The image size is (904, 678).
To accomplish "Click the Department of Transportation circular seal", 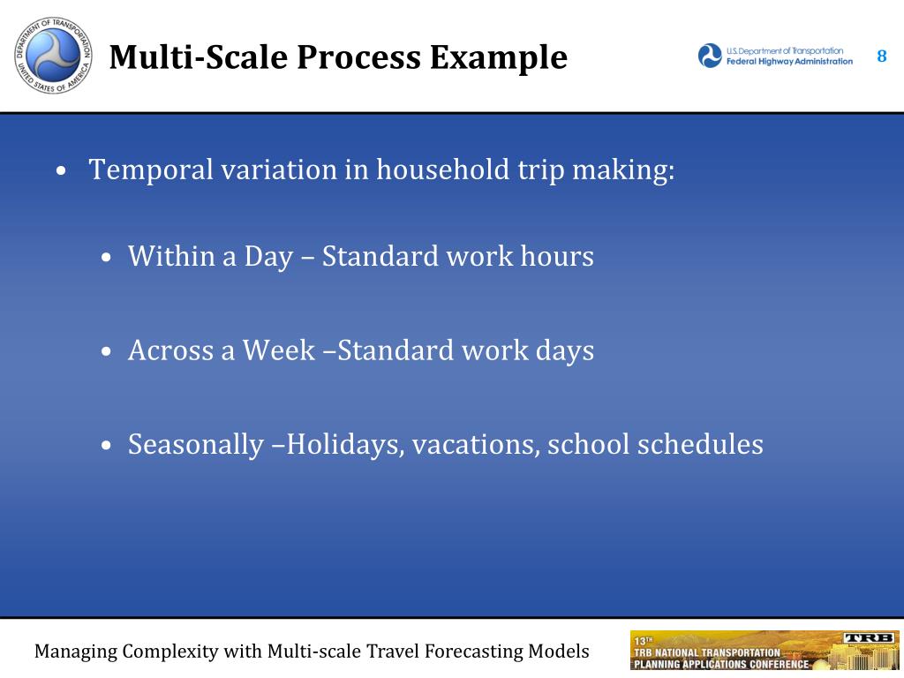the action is click(53, 56).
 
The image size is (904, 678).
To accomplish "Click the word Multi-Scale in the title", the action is click(200, 57).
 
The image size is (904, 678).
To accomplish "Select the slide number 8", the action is click(882, 56).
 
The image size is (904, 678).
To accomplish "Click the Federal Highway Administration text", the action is click(789, 62).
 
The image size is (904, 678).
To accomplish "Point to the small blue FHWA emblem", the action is click(710, 56).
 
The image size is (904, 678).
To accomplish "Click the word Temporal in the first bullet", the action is click(151, 170).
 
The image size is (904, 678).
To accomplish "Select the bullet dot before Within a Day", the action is click(106, 257).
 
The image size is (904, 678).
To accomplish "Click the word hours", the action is click(557, 256).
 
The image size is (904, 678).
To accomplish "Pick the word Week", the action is click(278, 350).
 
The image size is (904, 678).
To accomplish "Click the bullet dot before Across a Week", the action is click(106, 351).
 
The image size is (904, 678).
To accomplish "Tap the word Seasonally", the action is click(196, 445).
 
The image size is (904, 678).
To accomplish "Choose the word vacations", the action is click(476, 445).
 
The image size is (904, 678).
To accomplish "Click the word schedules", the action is click(700, 444).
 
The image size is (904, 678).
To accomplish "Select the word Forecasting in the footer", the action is click(473, 652).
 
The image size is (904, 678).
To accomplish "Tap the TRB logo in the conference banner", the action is click(870, 637).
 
